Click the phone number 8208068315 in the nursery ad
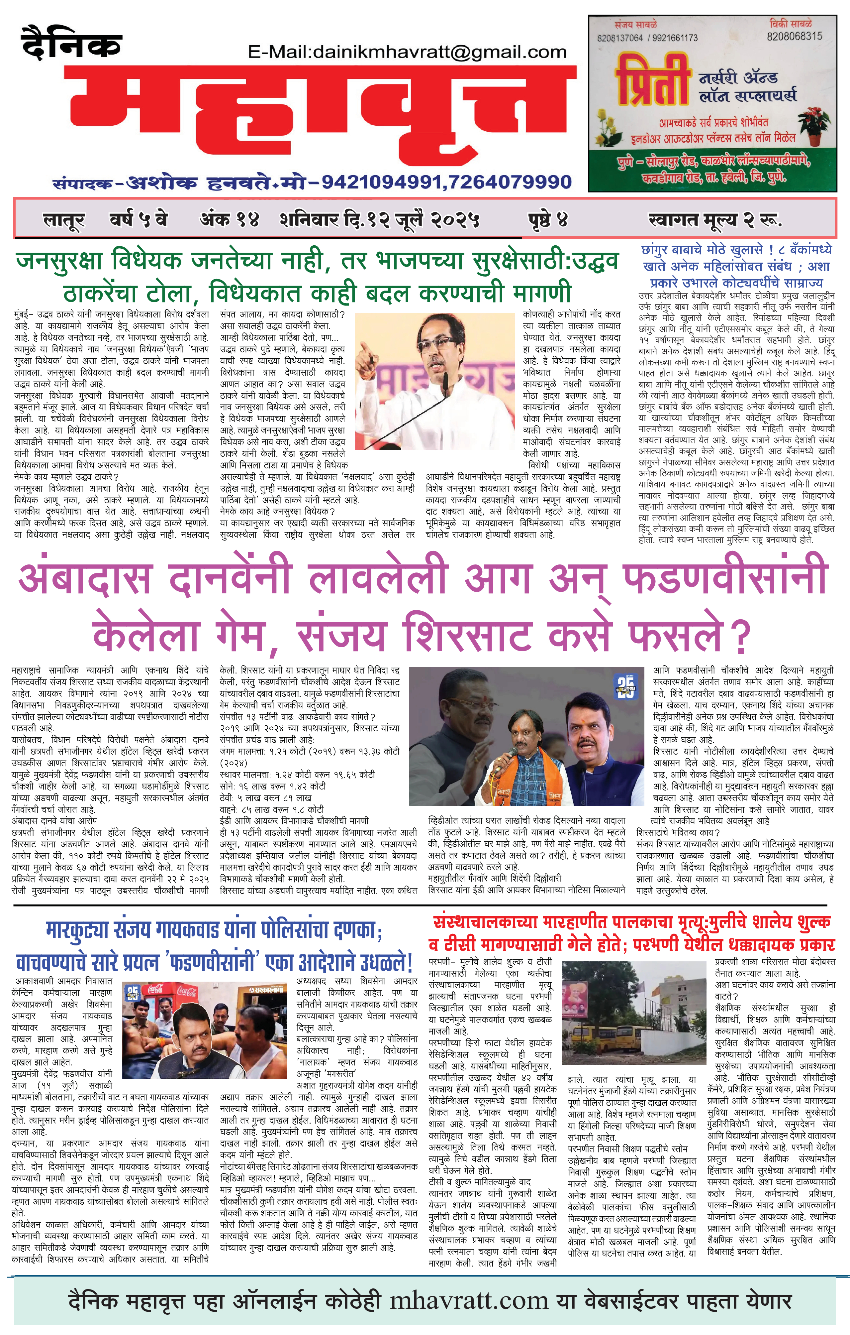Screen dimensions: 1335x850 pyautogui.click(x=794, y=37)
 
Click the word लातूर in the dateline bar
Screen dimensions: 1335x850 pyautogui.click(x=64, y=221)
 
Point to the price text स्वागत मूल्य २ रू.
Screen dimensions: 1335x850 pyautogui.click(x=715, y=221)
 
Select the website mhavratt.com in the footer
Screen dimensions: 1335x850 pyautogui.click(x=469, y=1302)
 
